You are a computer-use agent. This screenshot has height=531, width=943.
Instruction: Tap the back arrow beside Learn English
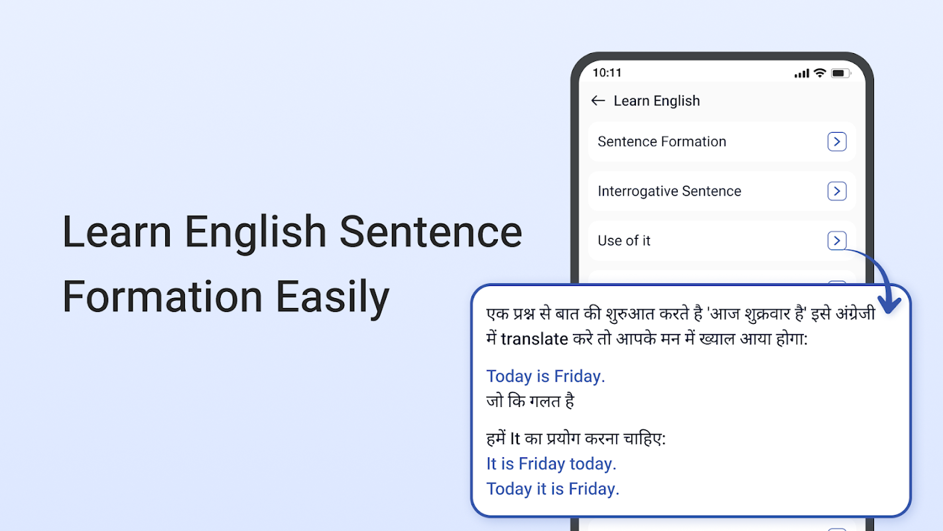coord(597,101)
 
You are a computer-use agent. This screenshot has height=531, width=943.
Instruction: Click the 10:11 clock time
coord(607,73)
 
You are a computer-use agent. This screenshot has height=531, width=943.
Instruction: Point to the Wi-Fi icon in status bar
coord(820,73)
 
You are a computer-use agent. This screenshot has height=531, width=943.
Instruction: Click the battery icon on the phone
coord(841,73)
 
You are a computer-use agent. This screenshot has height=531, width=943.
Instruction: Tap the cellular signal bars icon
coord(802,74)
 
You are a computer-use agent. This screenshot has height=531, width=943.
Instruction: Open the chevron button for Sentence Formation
coord(837,141)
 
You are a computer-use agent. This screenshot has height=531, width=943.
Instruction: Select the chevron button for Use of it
coord(837,241)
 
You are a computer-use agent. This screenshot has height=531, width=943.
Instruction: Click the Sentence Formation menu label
coord(662,141)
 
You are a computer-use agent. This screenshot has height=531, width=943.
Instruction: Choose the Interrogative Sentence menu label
coord(669,191)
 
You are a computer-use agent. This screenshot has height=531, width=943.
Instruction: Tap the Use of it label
coord(624,241)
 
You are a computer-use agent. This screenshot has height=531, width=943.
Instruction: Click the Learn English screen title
coord(657,101)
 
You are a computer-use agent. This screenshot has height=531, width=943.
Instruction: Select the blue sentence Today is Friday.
coord(546,376)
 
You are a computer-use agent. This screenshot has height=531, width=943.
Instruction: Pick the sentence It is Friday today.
coord(551,464)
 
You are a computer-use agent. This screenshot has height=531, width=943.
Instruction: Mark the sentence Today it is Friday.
coord(553,489)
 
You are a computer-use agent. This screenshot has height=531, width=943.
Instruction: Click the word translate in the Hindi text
coord(534,339)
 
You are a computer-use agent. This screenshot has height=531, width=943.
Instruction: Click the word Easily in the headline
coord(333,297)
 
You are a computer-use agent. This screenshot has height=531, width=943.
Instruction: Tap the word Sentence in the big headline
coord(430,232)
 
